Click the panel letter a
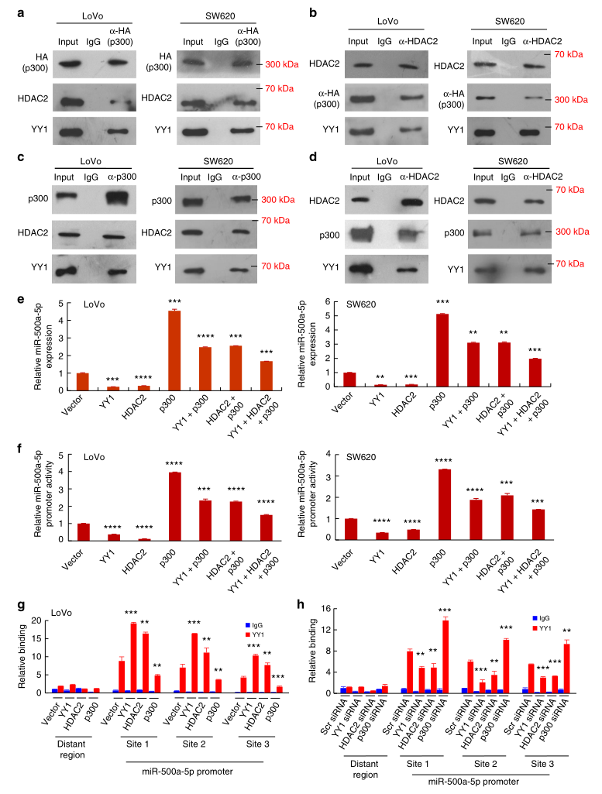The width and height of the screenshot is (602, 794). click(7, 10)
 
